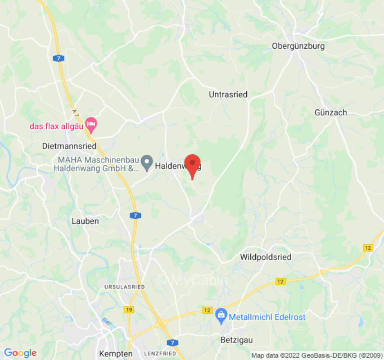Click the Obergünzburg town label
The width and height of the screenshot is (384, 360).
298,46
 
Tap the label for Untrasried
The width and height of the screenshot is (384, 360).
228,94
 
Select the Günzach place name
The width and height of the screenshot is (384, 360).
330,112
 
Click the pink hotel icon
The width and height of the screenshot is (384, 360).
91,124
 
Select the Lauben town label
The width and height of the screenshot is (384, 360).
85,221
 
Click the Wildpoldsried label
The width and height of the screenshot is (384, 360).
266,257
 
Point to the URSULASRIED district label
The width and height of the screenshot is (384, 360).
124,287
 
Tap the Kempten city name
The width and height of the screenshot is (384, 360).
116,354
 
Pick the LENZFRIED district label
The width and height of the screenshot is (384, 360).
160,354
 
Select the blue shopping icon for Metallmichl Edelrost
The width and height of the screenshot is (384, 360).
221,316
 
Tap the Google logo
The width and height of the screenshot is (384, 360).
20,353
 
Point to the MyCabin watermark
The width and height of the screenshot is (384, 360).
192,279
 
